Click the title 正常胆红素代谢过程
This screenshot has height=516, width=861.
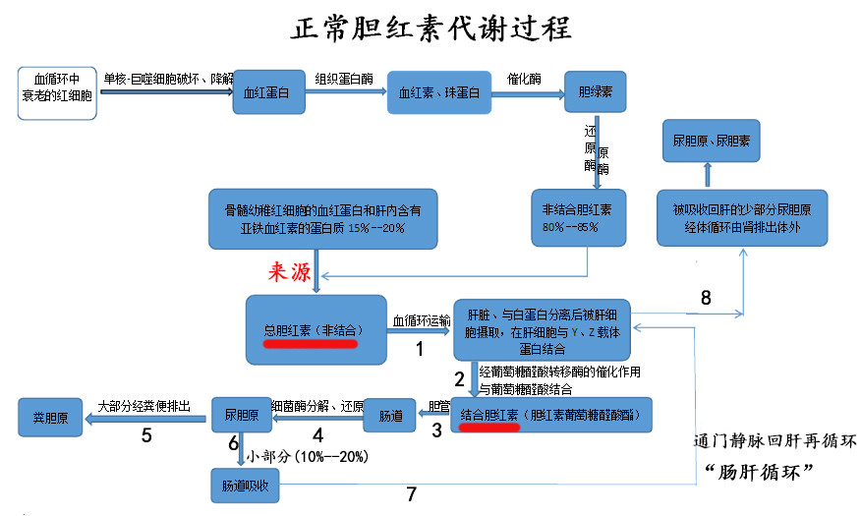430,27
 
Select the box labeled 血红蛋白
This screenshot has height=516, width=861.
264,92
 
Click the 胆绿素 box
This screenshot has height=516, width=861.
595,92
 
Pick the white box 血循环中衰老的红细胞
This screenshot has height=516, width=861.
57,92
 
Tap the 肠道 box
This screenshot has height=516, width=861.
391,416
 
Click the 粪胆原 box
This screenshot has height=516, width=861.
50,416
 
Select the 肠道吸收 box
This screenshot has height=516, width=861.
246,485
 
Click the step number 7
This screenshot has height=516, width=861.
412,495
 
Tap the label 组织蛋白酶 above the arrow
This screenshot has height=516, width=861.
343,79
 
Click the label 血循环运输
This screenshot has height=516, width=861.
422,320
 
